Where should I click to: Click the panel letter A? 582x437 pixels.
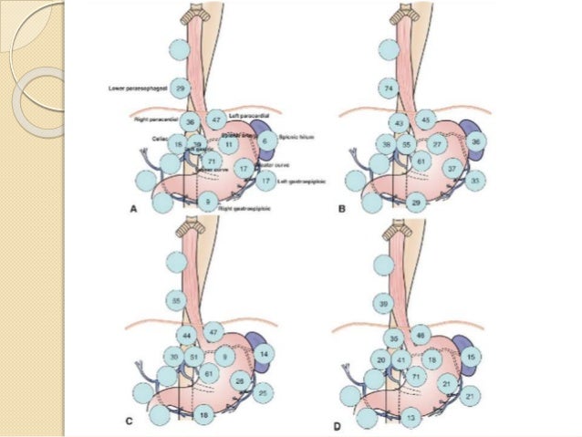click(x=134, y=208)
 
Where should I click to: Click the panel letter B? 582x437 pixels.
click(x=342, y=208)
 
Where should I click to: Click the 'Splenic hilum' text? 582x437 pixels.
click(x=296, y=141)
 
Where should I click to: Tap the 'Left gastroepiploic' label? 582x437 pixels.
click(x=296, y=182)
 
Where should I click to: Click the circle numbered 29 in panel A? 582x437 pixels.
click(x=181, y=88)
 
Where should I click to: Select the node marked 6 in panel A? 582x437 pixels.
click(x=265, y=141)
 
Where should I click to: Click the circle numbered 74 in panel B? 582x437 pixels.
click(x=390, y=88)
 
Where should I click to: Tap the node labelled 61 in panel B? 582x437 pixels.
click(x=420, y=161)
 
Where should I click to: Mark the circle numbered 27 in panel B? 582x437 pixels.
click(x=437, y=144)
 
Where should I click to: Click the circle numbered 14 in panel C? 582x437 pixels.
click(x=265, y=352)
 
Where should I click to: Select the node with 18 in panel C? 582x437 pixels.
click(x=206, y=413)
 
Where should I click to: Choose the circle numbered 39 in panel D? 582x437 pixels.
click(x=384, y=303)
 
